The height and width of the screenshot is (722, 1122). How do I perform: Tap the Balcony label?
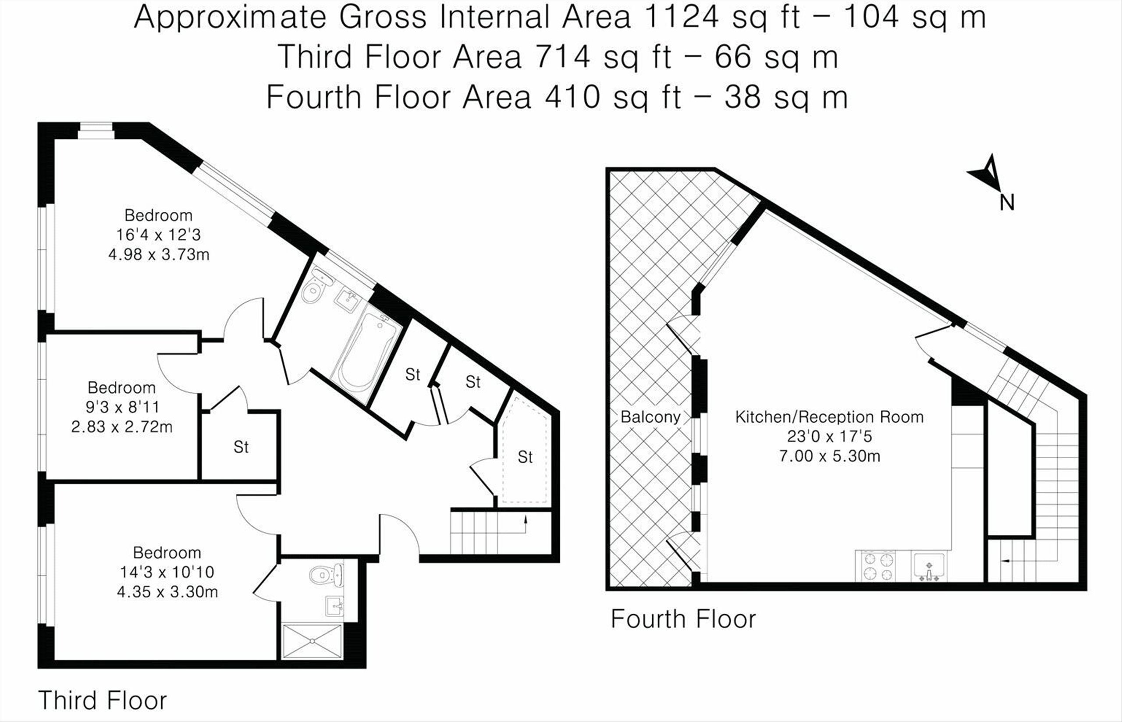(650, 417)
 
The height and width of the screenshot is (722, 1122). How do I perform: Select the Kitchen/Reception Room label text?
(829, 417)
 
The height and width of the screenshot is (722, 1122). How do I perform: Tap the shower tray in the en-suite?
(312, 640)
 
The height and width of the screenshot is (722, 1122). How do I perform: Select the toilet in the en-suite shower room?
(326, 575)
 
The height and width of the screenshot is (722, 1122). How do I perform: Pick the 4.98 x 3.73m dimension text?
(159, 255)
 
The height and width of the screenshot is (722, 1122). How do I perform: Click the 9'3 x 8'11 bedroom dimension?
(122, 406)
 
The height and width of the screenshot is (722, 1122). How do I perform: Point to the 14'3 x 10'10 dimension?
(167, 572)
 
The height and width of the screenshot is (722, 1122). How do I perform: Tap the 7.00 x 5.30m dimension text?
(830, 456)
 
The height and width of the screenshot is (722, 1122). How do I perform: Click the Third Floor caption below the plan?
(102, 701)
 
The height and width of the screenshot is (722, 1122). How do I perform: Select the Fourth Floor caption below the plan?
(683, 619)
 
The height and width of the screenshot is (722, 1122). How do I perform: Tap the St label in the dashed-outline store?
(525, 457)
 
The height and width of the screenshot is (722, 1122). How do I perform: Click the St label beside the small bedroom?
(241, 447)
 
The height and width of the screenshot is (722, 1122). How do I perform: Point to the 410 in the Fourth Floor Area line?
(572, 97)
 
